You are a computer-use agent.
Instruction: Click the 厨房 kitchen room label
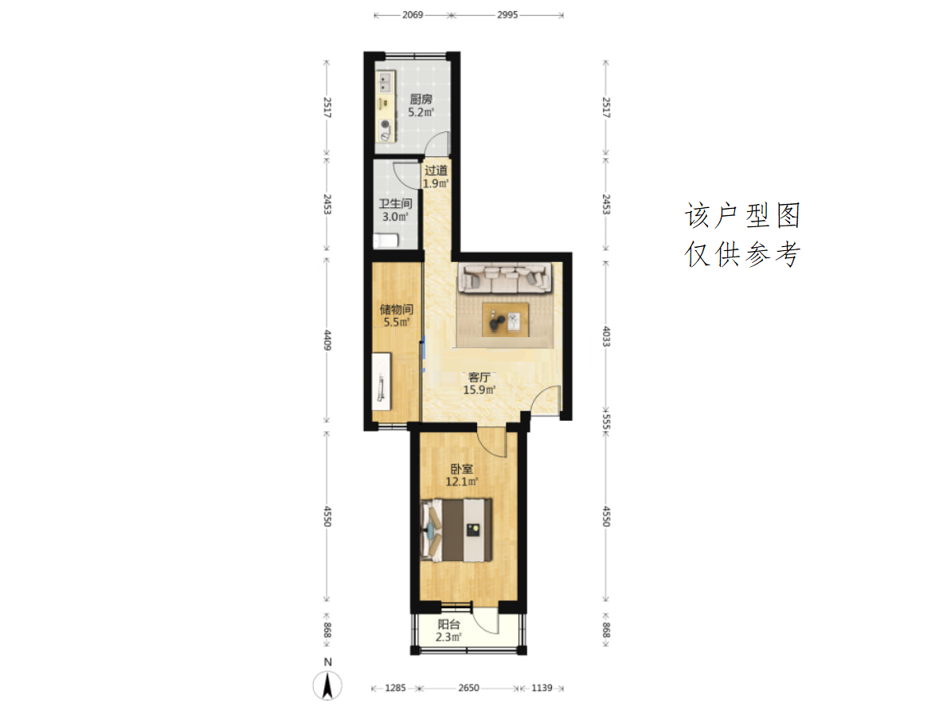tap(421, 100)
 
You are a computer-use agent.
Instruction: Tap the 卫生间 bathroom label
tap(395, 204)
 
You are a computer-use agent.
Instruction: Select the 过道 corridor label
tap(436, 171)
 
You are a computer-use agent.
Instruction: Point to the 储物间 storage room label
tap(397, 309)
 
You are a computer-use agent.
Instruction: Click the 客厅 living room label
tap(479, 377)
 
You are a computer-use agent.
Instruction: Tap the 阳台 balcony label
tap(448, 625)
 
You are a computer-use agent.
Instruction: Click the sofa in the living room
tap(505, 279)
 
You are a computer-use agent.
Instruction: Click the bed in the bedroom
tap(456, 531)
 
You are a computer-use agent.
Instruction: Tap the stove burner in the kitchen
tap(385, 124)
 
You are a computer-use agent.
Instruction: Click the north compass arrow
tap(327, 686)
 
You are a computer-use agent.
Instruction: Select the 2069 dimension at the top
tap(413, 15)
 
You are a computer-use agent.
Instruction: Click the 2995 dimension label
tap(507, 15)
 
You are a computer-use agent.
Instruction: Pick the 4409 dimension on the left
tap(327, 339)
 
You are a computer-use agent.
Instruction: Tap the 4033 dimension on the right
tap(606, 337)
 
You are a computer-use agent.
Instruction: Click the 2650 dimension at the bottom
tap(468, 688)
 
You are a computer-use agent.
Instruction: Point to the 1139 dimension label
tap(542, 688)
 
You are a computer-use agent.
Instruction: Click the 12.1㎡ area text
tap(462, 482)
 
